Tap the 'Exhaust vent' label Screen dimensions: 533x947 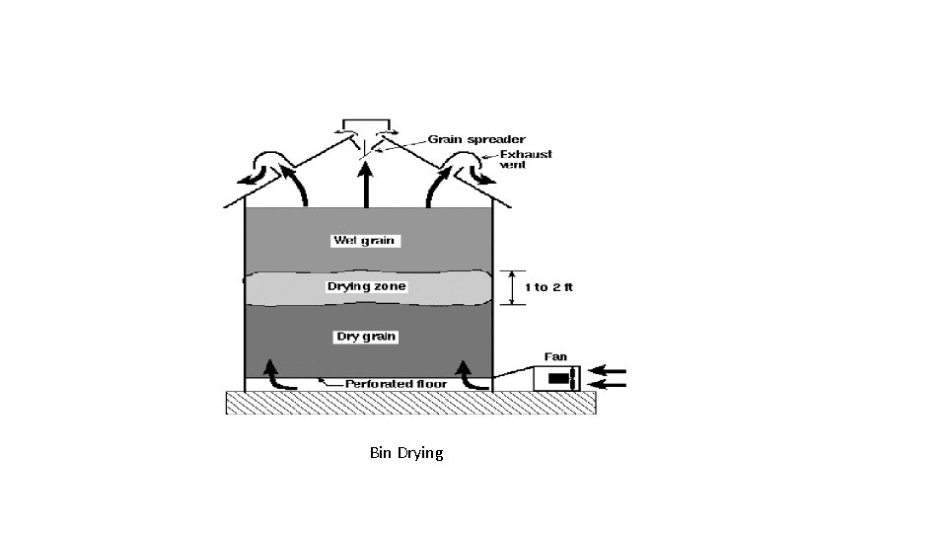(526, 160)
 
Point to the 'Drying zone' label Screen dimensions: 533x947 (367, 287)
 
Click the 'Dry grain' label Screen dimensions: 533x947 (367, 337)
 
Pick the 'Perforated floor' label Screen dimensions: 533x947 (396, 384)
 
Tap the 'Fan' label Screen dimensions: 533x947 (556, 356)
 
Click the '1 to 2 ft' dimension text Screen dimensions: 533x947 (548, 287)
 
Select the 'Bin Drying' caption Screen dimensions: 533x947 (406, 453)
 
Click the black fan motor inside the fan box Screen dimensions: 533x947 (558, 379)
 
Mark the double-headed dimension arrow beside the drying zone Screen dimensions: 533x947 (511, 287)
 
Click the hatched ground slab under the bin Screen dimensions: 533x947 (410, 403)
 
